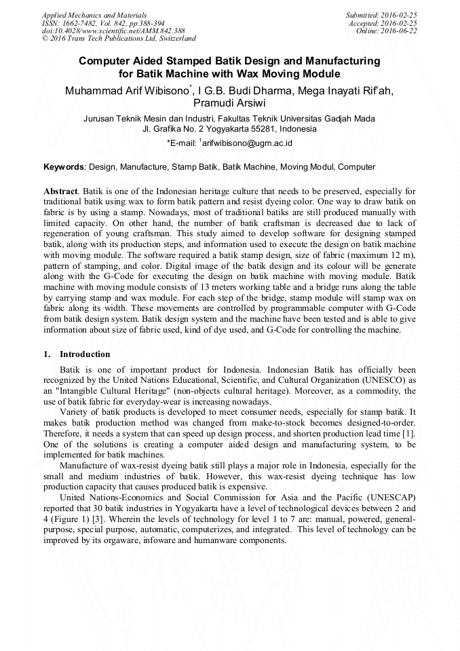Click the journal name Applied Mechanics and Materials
[94, 15]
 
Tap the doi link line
[113, 31]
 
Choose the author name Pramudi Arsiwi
[229, 103]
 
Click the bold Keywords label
[64, 166]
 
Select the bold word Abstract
[61, 192]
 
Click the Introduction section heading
[84, 354]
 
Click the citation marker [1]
[409, 433]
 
